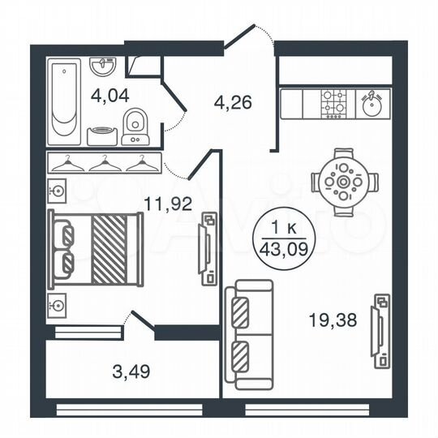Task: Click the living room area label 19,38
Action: [334, 320]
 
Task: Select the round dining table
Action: [343, 183]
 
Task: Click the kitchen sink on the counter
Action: [371, 103]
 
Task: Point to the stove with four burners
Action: [333, 103]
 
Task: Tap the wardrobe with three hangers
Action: [102, 165]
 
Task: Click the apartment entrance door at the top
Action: [247, 37]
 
